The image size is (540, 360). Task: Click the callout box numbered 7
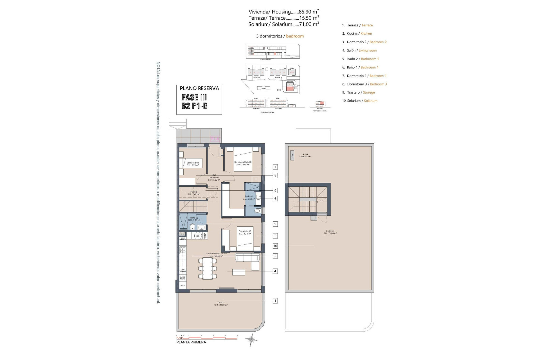tap(275, 167)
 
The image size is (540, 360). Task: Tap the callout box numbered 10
tap(275, 246)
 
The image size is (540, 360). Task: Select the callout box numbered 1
tap(275, 301)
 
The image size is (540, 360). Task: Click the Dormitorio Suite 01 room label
tap(243, 163)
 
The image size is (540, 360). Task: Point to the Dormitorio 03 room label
tap(193, 164)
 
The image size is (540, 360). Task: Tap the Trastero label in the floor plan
tap(193, 193)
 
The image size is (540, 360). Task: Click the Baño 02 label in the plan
tap(194, 219)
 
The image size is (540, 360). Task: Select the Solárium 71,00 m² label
tap(330, 232)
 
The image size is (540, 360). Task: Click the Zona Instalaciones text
tap(305, 155)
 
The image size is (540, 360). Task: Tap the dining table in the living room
tap(208, 269)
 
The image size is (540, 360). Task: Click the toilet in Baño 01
tap(257, 211)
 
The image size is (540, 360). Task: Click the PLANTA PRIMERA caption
tap(191, 342)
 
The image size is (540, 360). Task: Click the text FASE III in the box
tap(194, 98)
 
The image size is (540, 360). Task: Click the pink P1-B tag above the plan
tap(215, 139)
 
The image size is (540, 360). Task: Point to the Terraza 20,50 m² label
tap(221, 304)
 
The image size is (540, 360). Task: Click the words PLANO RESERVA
tap(199, 88)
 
